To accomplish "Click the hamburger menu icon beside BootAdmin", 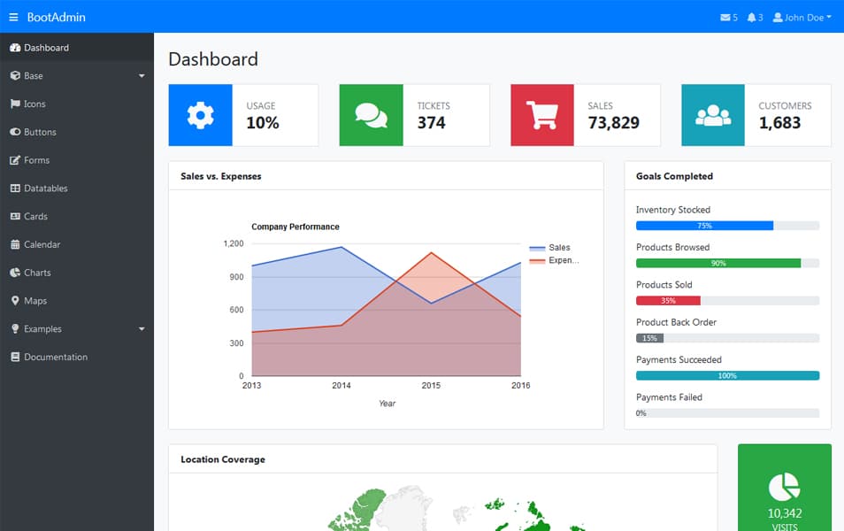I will coord(13,17).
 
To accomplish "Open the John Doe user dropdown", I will coord(802,17).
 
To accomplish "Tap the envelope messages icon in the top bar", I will coord(726,17).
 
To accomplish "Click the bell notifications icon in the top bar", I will coord(752,17).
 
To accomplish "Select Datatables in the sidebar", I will coord(45,188).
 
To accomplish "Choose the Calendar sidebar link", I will coord(42,244).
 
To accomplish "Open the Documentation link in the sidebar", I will coord(55,357).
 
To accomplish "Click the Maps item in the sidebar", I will coord(35,301).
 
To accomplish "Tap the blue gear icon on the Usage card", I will coord(201,115).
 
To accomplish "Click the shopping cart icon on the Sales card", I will coord(542,115).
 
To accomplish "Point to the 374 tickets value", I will coord(432,123).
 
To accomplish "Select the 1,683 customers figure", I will coord(779,123).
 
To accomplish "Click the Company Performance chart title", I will coord(295,227).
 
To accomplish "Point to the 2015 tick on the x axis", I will coord(431,386).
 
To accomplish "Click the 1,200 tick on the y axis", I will coord(234,243).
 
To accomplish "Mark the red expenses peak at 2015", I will coord(431,253).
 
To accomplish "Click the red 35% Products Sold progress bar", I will coord(668,301).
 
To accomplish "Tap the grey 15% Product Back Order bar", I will coord(649,338).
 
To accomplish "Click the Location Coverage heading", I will coord(223,459).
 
